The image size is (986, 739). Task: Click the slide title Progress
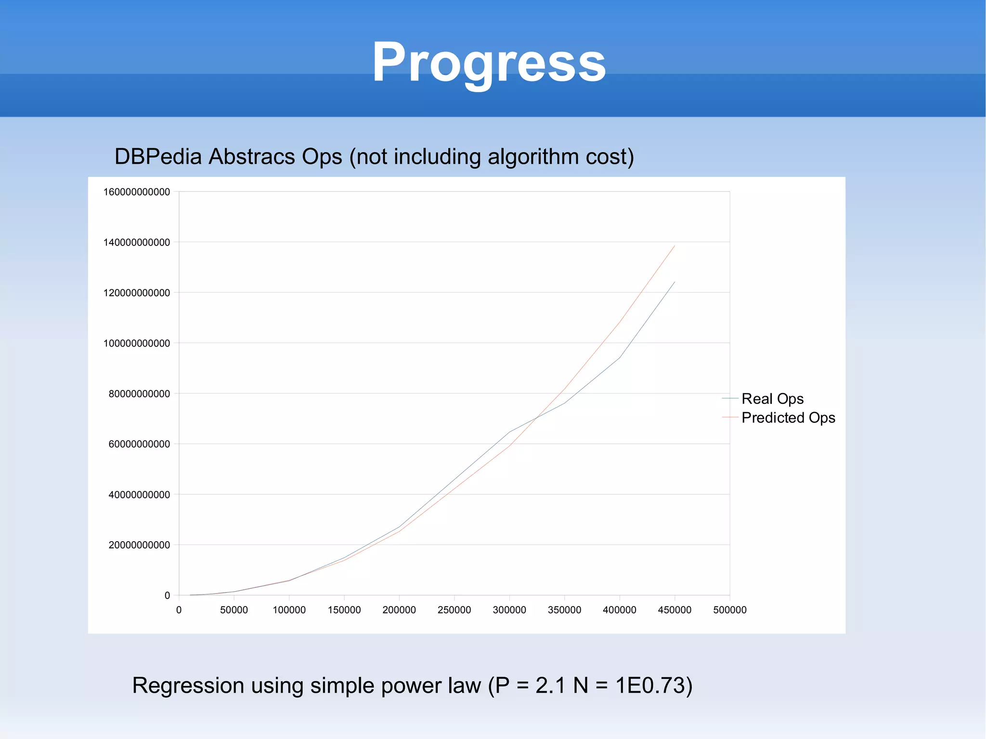coord(489,63)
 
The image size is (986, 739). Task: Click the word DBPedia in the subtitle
coord(157,157)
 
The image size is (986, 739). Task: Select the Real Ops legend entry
coord(772,399)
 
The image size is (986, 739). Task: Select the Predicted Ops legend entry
coord(788,417)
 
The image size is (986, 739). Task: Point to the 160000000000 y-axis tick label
coord(137,192)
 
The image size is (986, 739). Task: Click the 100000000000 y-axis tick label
coord(137,343)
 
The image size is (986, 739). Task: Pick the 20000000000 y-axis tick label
coord(139,545)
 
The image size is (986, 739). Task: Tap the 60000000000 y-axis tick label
coord(139,444)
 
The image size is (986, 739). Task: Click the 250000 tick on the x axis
coord(454,610)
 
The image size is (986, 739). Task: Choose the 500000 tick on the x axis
coord(729,610)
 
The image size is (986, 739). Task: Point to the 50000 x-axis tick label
coord(234,610)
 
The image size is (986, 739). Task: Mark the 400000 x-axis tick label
coord(619,610)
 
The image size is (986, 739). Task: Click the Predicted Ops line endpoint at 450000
coord(675,246)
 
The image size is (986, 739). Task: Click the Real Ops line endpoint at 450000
coord(675,282)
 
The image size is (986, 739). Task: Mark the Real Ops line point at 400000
coord(620,357)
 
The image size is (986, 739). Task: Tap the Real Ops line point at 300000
coord(509,432)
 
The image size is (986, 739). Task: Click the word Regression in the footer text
coord(188,685)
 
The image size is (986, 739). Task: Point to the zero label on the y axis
coord(167,596)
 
